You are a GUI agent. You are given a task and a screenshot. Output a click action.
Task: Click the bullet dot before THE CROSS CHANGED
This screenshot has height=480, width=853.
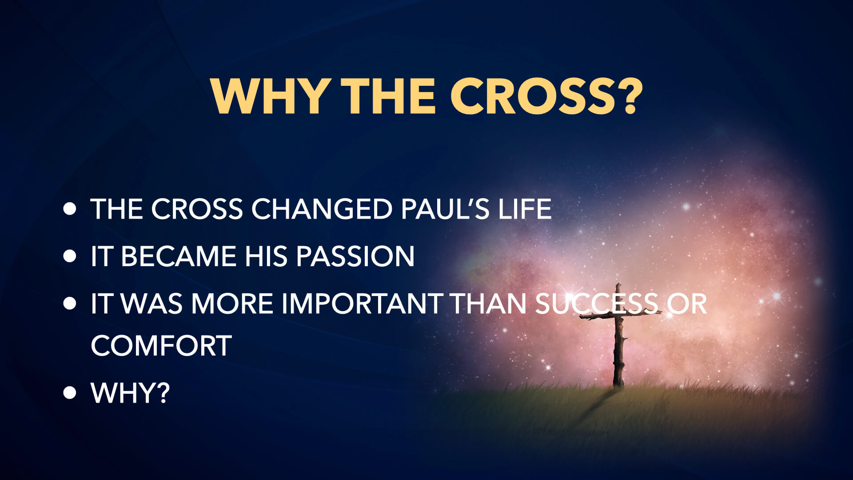70,209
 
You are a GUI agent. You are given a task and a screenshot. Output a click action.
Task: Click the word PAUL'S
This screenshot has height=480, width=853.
445,209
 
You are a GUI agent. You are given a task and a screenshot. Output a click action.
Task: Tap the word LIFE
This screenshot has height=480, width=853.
525,209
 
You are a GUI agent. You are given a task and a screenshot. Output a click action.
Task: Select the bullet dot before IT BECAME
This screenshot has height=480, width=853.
70,256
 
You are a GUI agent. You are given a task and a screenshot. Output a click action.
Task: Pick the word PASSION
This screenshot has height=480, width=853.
355,256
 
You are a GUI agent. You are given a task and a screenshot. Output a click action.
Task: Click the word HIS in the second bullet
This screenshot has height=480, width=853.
266,256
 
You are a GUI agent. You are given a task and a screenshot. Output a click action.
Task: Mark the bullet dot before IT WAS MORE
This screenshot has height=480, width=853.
70,304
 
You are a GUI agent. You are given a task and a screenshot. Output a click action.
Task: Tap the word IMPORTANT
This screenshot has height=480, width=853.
362,304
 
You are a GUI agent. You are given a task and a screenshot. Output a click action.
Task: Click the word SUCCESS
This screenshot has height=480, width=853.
597,304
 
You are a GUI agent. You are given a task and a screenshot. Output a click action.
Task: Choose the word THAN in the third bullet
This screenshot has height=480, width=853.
489,304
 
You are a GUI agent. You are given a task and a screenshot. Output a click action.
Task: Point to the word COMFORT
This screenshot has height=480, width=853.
161,346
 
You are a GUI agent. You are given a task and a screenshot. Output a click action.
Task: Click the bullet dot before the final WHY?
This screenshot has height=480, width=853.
70,392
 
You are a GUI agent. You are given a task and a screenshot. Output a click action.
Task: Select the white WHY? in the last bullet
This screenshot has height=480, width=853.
130,392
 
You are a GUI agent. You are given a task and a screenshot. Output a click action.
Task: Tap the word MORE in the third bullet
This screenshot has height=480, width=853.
232,304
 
